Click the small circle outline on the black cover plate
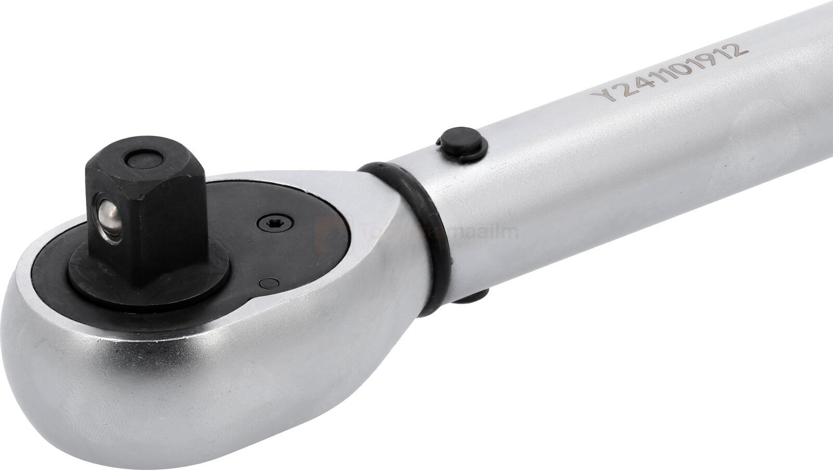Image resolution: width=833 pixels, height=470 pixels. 269,283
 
